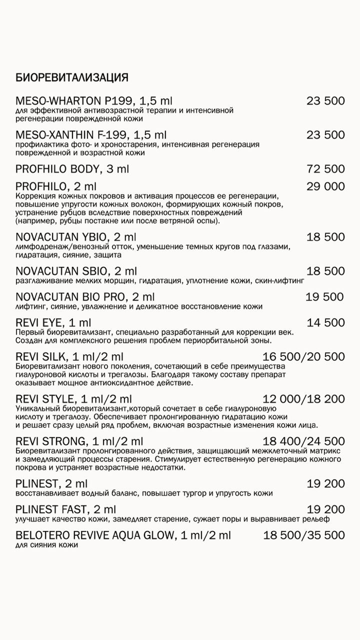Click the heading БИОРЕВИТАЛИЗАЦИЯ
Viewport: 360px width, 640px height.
pyautogui.click(x=72, y=77)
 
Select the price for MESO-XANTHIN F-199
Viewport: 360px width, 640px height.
pyautogui.click(x=325, y=134)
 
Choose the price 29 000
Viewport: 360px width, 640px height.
pyautogui.click(x=325, y=186)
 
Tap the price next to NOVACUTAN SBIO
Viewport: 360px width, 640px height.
pyautogui.click(x=325, y=271)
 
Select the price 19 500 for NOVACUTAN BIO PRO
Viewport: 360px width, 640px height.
pyautogui.click(x=325, y=297)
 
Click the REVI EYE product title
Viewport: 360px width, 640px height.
pyautogui.click(x=53, y=323)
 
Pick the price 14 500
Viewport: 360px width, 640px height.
pyautogui.click(x=325, y=323)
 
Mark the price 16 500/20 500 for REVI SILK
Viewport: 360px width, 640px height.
pyautogui.click(x=303, y=356)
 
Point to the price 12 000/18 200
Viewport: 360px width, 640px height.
pyautogui.click(x=303, y=399)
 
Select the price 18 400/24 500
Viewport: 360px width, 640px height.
pyautogui.click(x=303, y=441)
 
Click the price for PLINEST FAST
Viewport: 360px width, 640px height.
pyautogui.click(x=325, y=509)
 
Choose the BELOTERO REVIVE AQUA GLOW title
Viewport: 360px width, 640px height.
pyautogui.click(x=123, y=535)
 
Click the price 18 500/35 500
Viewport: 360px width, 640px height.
pyautogui.click(x=304, y=535)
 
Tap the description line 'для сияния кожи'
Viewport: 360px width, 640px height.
pyautogui.click(x=47, y=545)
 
